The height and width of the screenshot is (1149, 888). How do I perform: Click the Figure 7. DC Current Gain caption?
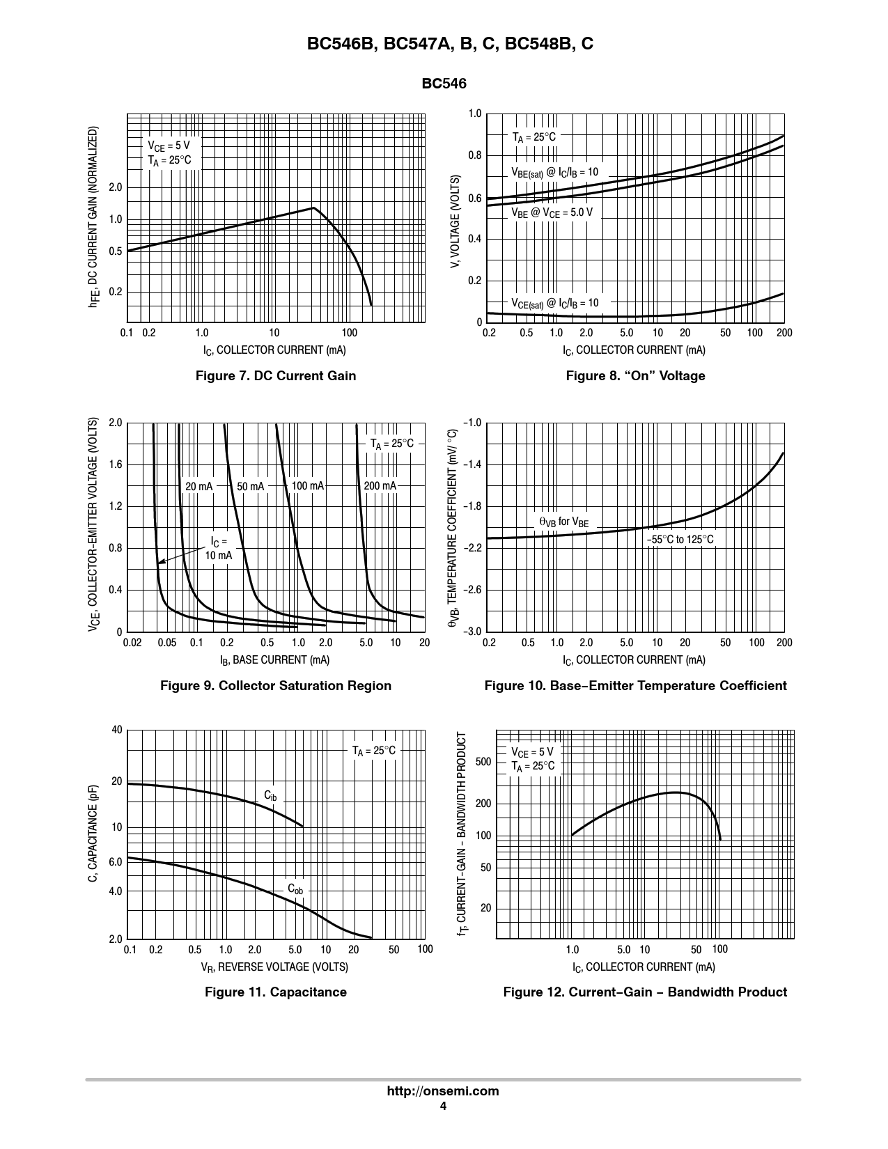[276, 376]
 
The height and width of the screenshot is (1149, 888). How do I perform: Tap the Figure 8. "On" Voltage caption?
[635, 376]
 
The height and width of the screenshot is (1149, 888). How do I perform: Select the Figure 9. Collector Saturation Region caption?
[276, 686]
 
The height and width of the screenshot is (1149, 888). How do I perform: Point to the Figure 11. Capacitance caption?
[276, 992]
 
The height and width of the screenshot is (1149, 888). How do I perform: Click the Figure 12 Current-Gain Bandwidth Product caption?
[645, 992]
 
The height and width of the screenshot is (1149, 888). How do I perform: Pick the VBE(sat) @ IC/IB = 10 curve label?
[554, 173]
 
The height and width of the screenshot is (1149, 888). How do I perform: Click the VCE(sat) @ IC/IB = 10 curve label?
[554, 304]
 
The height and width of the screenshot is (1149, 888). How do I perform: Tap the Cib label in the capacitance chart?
[270, 796]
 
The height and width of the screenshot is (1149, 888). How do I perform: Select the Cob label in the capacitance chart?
[295, 889]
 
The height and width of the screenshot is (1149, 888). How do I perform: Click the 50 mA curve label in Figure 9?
[251, 487]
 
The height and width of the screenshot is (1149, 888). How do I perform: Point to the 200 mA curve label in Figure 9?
[380, 486]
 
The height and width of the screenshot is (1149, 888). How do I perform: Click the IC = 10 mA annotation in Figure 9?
[219, 549]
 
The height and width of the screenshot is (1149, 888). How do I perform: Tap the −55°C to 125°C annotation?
[680, 540]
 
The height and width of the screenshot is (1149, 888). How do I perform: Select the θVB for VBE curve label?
[563, 522]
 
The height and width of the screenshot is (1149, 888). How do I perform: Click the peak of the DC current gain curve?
[314, 208]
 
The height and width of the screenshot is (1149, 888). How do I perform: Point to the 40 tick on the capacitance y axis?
[116, 730]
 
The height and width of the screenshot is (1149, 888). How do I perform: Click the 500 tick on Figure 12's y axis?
[483, 762]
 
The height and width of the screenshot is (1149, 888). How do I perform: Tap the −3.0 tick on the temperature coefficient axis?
[472, 632]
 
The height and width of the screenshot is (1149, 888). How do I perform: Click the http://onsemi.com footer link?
[443, 1091]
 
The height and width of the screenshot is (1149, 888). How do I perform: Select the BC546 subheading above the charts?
[444, 84]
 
